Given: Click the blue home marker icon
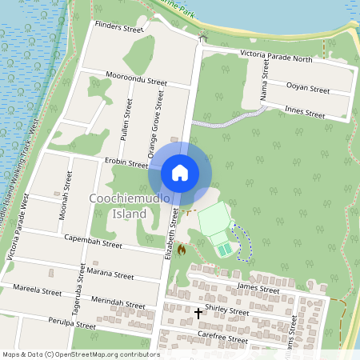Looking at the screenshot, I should click(180, 172).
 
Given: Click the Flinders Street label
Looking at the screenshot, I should click(118, 29).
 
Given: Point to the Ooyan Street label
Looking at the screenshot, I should click(308, 89).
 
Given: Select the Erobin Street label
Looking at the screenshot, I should click(126, 163).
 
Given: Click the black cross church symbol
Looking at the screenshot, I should click(198, 313).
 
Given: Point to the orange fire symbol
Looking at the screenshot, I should click(182, 250).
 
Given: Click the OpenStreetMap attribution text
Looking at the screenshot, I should click(80, 354).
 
